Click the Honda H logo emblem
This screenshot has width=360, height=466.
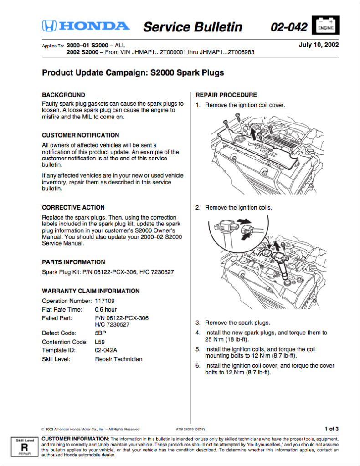[49, 26]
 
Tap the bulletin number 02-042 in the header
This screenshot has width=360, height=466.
[289, 27]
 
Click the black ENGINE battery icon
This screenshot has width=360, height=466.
[325, 26]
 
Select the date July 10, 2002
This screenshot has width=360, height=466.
[319, 45]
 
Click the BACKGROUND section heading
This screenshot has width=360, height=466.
[63, 95]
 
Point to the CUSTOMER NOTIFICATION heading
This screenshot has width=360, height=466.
[81, 135]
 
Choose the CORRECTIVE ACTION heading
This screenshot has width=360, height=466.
[73, 207]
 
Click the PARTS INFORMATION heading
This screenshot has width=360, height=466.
[73, 262]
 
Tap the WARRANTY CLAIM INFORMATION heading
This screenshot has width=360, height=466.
[91, 291]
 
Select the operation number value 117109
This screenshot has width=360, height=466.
[105, 301]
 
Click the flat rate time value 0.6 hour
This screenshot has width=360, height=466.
[106, 310]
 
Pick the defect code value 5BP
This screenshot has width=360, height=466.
[100, 333]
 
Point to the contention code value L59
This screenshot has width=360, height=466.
[100, 342]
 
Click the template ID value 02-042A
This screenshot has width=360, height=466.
[106, 350]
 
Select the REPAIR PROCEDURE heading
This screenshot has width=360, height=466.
[226, 95]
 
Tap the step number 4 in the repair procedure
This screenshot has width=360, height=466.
[198, 333]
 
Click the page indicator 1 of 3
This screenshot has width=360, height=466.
[331, 429]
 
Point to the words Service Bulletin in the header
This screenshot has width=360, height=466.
[193, 27]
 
